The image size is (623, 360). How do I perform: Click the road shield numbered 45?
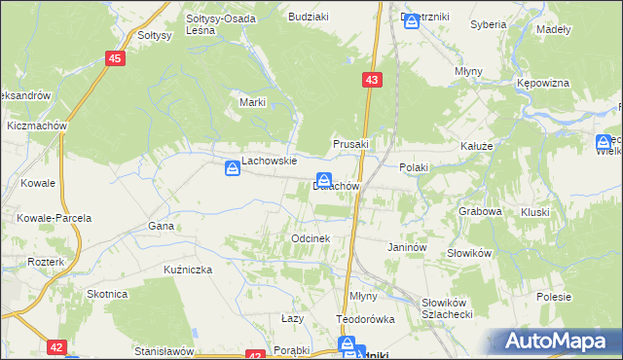coord(116,59)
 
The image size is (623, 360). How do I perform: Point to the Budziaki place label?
coord(307,17)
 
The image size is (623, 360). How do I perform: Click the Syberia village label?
coord(488,23)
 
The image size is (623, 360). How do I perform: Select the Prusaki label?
coord(352,144)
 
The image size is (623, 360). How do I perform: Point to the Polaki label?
coord(413,167)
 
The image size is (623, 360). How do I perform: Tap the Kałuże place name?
coord(479,146)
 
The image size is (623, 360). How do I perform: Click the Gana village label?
coord(161,226)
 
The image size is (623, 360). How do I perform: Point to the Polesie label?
coord(553,295)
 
